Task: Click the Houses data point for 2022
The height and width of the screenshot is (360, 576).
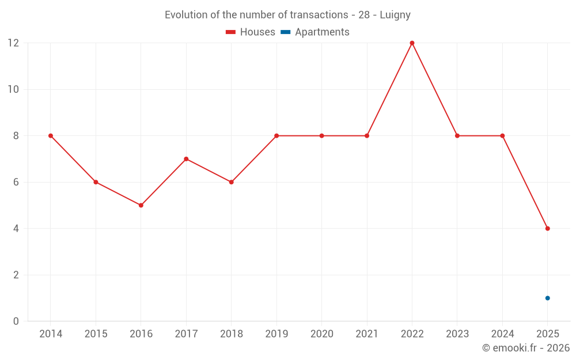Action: tap(412, 43)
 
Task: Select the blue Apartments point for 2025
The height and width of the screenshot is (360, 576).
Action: tap(547, 298)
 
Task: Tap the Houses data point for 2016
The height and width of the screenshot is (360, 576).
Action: tap(141, 205)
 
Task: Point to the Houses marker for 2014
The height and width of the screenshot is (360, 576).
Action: tap(51, 136)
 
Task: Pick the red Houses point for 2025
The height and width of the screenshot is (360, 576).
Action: tap(547, 229)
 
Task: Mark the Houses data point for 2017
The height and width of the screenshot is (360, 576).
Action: tap(186, 159)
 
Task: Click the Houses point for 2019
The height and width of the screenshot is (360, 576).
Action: tap(276, 136)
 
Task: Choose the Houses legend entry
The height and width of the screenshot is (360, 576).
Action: tap(251, 32)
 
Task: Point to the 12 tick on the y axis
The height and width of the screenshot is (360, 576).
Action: tap(13, 43)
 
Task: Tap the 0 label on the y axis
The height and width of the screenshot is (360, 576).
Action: tap(16, 321)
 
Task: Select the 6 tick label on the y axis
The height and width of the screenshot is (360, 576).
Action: tap(16, 182)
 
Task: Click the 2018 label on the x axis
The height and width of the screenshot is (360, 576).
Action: tap(231, 334)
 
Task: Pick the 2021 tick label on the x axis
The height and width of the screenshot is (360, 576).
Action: tap(367, 334)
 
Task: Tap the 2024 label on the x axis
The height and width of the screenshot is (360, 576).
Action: tap(502, 334)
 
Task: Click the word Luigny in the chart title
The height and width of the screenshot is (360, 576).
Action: tap(395, 15)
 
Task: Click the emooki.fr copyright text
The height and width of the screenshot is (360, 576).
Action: tap(526, 348)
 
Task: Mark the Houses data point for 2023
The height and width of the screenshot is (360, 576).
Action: tap(457, 136)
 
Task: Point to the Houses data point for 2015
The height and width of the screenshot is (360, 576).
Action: tap(96, 182)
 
